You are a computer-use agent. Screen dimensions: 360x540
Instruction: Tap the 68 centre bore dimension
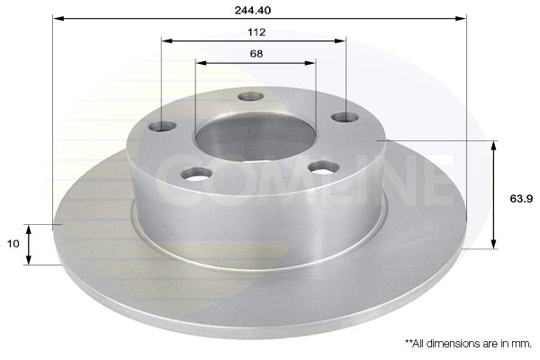click(256, 54)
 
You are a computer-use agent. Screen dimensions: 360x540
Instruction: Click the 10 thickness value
click(13, 244)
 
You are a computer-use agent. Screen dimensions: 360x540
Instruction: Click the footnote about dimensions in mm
click(468, 343)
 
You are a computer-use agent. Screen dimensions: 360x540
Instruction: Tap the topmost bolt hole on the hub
click(251, 96)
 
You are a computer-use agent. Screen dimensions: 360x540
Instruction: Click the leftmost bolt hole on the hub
click(162, 125)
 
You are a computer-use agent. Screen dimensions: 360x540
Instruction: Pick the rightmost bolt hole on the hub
click(345, 117)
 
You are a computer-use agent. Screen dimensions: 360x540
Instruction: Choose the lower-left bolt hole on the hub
click(197, 173)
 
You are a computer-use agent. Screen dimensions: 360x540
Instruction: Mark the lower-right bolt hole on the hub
click(323, 166)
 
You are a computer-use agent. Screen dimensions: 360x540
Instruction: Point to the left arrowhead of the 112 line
click(166, 40)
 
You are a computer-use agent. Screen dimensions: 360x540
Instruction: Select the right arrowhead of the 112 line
click(342, 40)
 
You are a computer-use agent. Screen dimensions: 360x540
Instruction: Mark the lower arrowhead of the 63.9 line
click(494, 244)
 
